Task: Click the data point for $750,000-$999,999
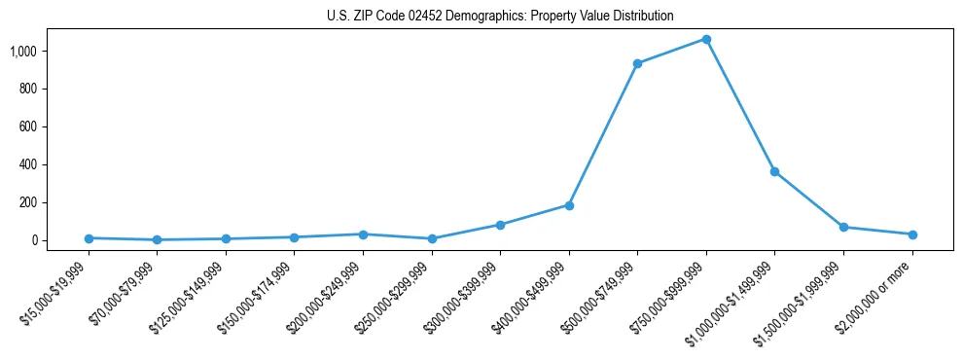point(706,40)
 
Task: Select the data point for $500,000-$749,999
point(637,64)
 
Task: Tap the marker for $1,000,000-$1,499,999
point(774,172)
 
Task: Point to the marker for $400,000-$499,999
point(569,205)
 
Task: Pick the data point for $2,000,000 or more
point(912,234)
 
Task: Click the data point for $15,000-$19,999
point(89,238)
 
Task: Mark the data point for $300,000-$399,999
point(500,225)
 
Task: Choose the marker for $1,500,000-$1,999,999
point(843,228)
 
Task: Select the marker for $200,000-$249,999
point(363,234)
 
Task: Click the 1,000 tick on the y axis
point(23,51)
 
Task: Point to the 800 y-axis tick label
point(28,89)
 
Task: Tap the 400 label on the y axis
point(28,164)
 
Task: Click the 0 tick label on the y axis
point(35,240)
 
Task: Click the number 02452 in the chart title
point(425,17)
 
